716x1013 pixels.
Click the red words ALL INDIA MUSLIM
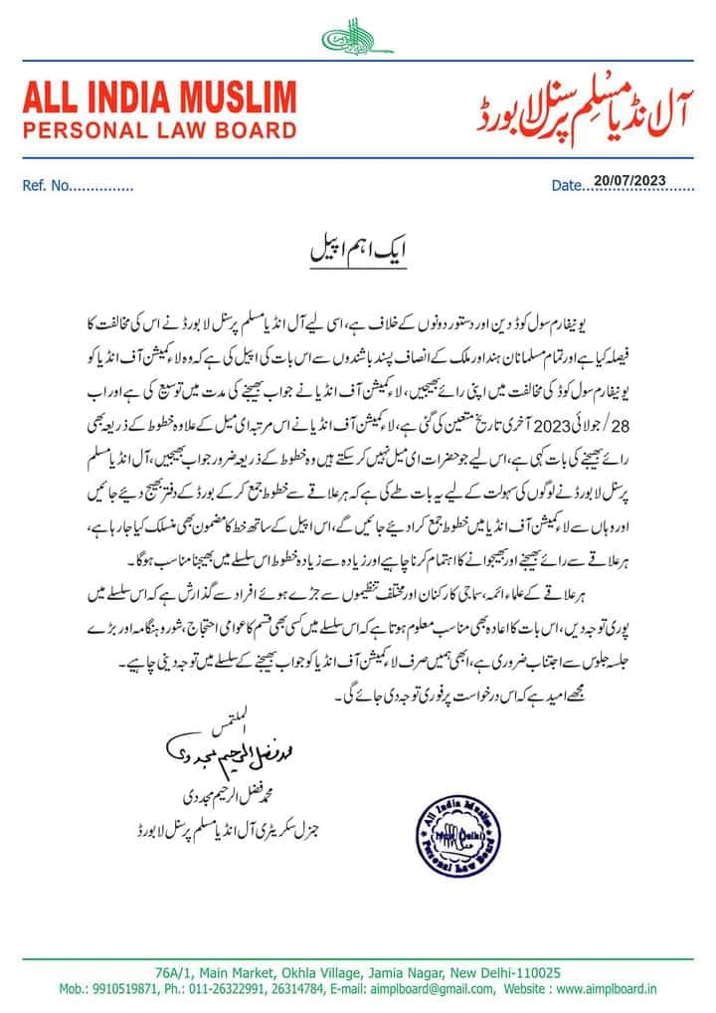tap(159, 101)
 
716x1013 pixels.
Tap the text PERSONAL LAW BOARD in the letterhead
tap(159, 130)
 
